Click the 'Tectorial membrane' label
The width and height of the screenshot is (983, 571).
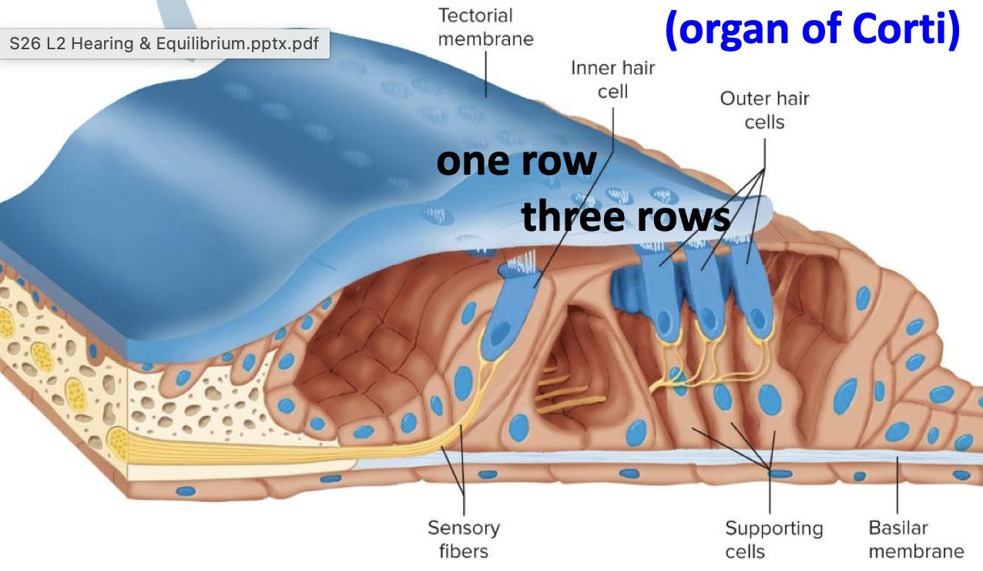point(485,27)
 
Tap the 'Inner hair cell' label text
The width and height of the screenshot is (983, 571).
point(613,79)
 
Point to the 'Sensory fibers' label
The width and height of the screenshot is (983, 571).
point(464,539)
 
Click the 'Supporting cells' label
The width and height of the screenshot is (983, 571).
point(773,539)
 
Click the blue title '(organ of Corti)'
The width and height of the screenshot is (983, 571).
point(813,29)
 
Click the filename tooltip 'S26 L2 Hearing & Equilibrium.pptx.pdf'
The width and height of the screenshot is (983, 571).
point(164,44)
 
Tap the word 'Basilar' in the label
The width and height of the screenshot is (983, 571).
point(898,528)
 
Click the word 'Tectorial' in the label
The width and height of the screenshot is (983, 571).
point(475,15)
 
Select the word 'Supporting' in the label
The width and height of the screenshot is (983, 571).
point(773,529)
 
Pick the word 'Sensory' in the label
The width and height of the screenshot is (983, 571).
point(464,528)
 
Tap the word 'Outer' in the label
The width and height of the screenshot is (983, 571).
point(742,99)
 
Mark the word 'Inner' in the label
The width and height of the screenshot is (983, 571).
point(593,68)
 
